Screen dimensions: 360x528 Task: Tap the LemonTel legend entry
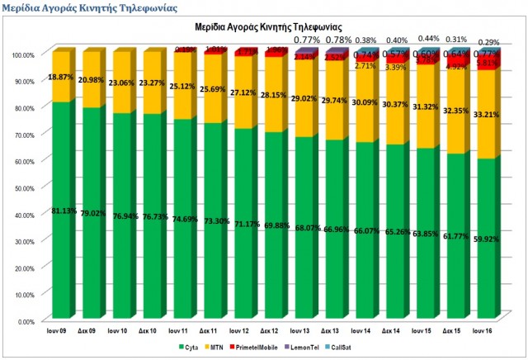[x=321, y=348]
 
